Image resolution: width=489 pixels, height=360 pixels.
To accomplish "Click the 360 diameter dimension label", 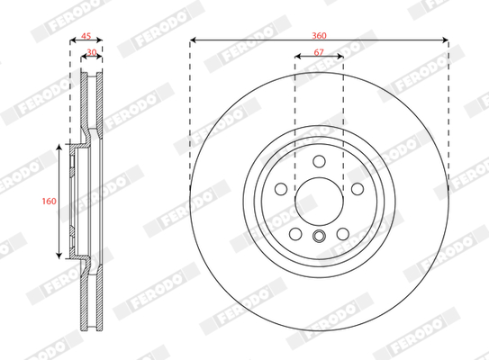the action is (319, 35).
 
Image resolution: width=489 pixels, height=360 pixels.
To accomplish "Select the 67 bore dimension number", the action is (319, 52).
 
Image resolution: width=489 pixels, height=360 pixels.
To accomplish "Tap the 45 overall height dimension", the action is (86, 36).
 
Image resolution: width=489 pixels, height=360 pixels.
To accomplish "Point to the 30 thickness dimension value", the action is (92, 52).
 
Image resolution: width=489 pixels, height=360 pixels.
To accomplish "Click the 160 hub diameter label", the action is (50, 201).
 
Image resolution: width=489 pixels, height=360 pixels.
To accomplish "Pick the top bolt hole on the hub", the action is (319, 161).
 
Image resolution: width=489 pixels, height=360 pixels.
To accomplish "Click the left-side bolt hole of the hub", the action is (281, 189).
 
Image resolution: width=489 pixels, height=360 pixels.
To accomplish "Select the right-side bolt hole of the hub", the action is (358, 189).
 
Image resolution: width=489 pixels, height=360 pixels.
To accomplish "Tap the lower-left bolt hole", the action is (295, 234).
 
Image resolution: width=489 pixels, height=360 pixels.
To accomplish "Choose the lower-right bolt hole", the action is (343, 234).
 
